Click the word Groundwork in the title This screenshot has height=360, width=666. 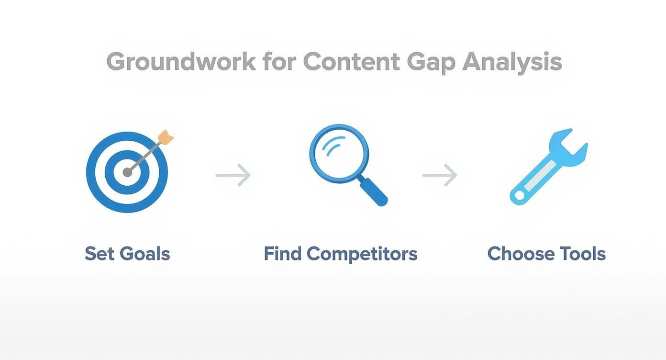[x=181, y=62]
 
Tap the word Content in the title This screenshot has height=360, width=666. [x=352, y=62]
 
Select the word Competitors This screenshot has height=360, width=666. [x=362, y=254]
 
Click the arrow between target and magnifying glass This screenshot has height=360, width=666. [x=233, y=175]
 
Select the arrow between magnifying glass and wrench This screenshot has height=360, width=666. [x=440, y=175]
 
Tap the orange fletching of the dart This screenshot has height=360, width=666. [x=166, y=137]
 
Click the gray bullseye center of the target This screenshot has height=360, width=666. [x=127, y=172]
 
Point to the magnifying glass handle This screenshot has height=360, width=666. [x=373, y=191]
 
